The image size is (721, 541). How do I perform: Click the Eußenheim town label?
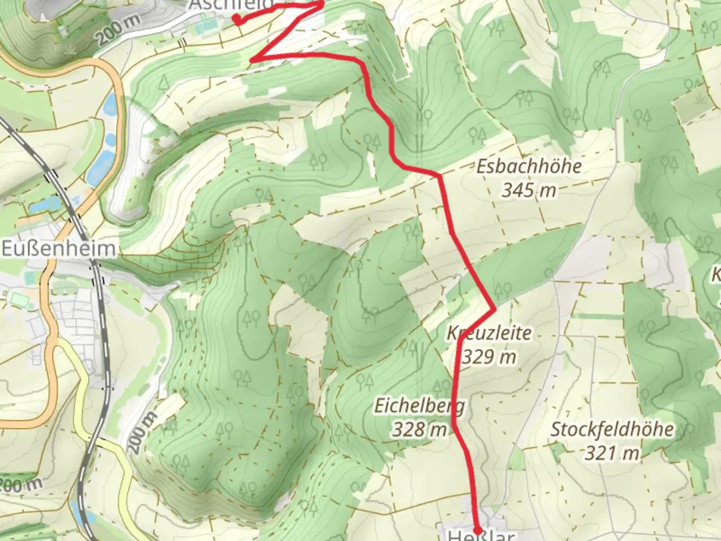click(59, 249)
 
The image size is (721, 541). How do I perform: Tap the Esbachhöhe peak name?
click(529, 166)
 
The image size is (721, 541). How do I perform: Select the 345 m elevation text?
click(529, 190)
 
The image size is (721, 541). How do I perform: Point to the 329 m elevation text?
click(489, 357)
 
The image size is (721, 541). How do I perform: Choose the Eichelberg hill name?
click(420, 406)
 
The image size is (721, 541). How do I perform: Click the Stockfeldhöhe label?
click(612, 429)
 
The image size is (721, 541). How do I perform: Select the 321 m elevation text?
click(612, 453)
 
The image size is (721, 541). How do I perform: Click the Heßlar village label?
click(480, 536)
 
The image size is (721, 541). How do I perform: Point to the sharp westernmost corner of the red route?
click(252, 61)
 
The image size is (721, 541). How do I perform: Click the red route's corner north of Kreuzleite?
click(494, 309)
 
